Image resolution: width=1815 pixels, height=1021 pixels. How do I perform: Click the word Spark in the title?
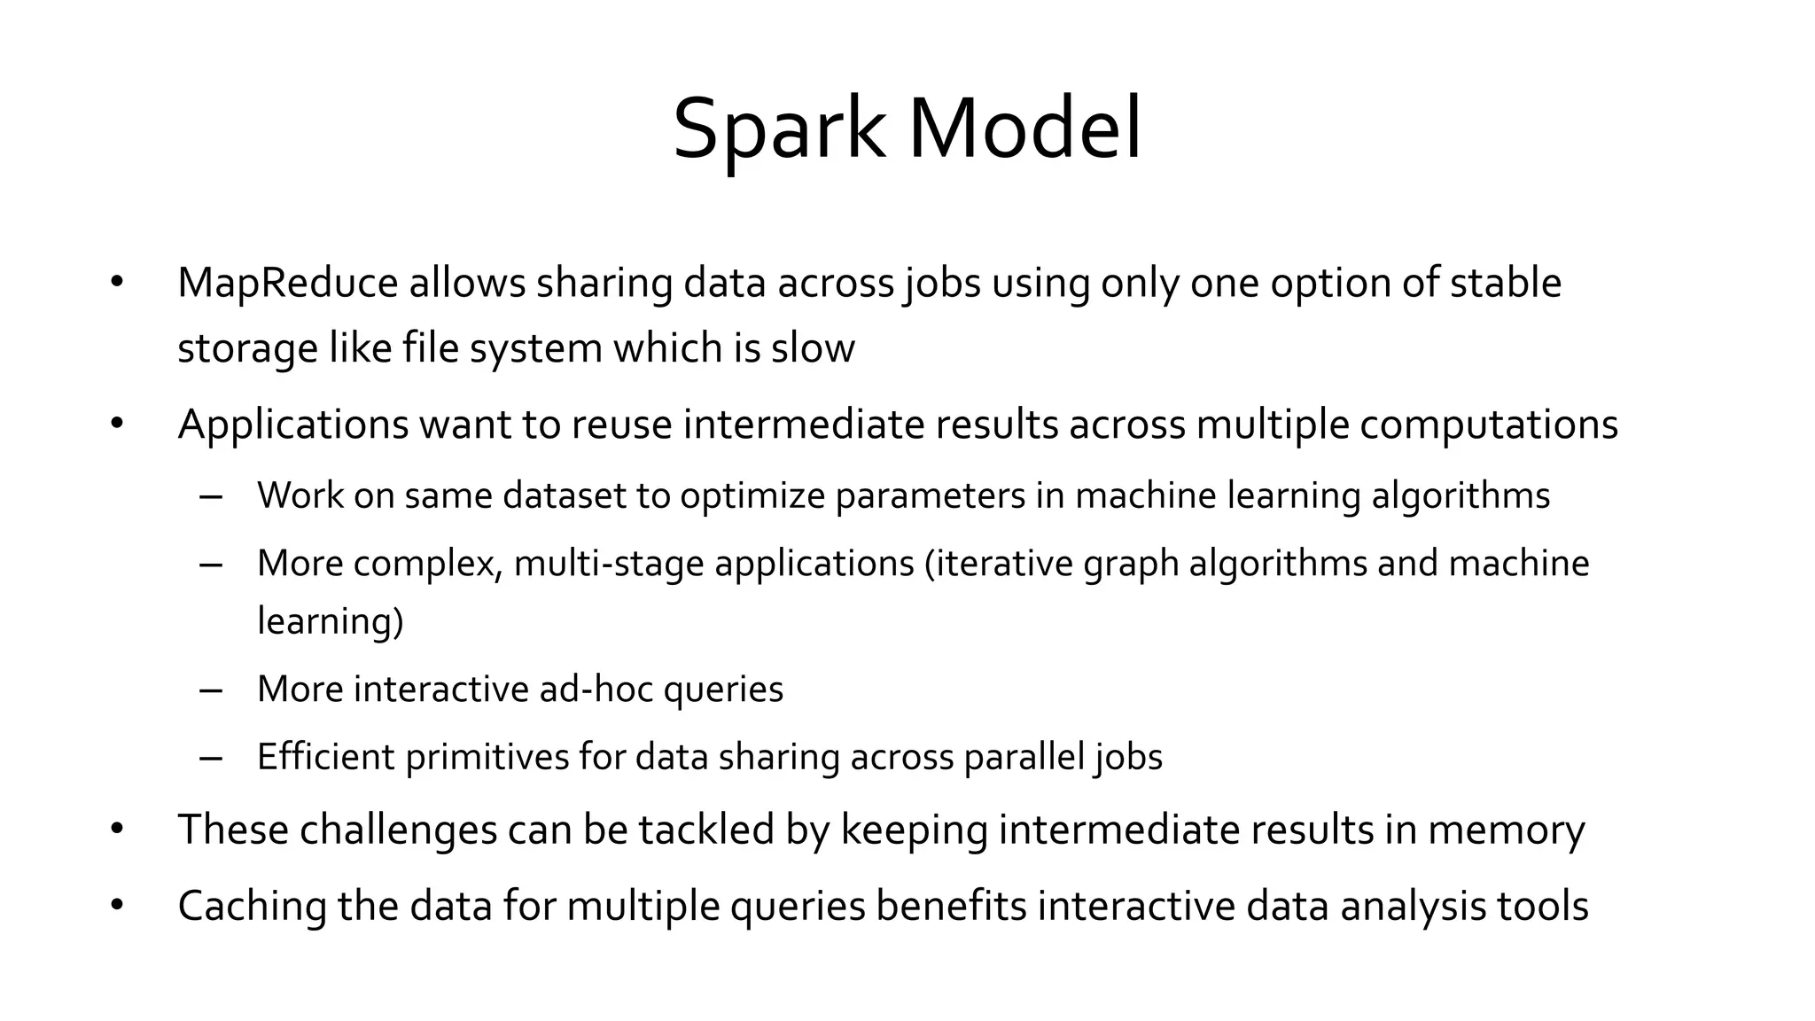pyautogui.click(x=778, y=130)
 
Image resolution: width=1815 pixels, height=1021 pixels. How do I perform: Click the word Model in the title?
pyautogui.click(x=1024, y=130)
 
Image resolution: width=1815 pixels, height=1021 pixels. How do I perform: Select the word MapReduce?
pyautogui.click(x=288, y=284)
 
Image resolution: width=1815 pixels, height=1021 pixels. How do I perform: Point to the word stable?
pyautogui.click(x=1505, y=284)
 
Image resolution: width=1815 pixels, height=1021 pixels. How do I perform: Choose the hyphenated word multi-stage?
pyautogui.click(x=609, y=565)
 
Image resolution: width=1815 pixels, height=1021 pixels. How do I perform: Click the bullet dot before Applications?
pyautogui.click(x=117, y=425)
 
